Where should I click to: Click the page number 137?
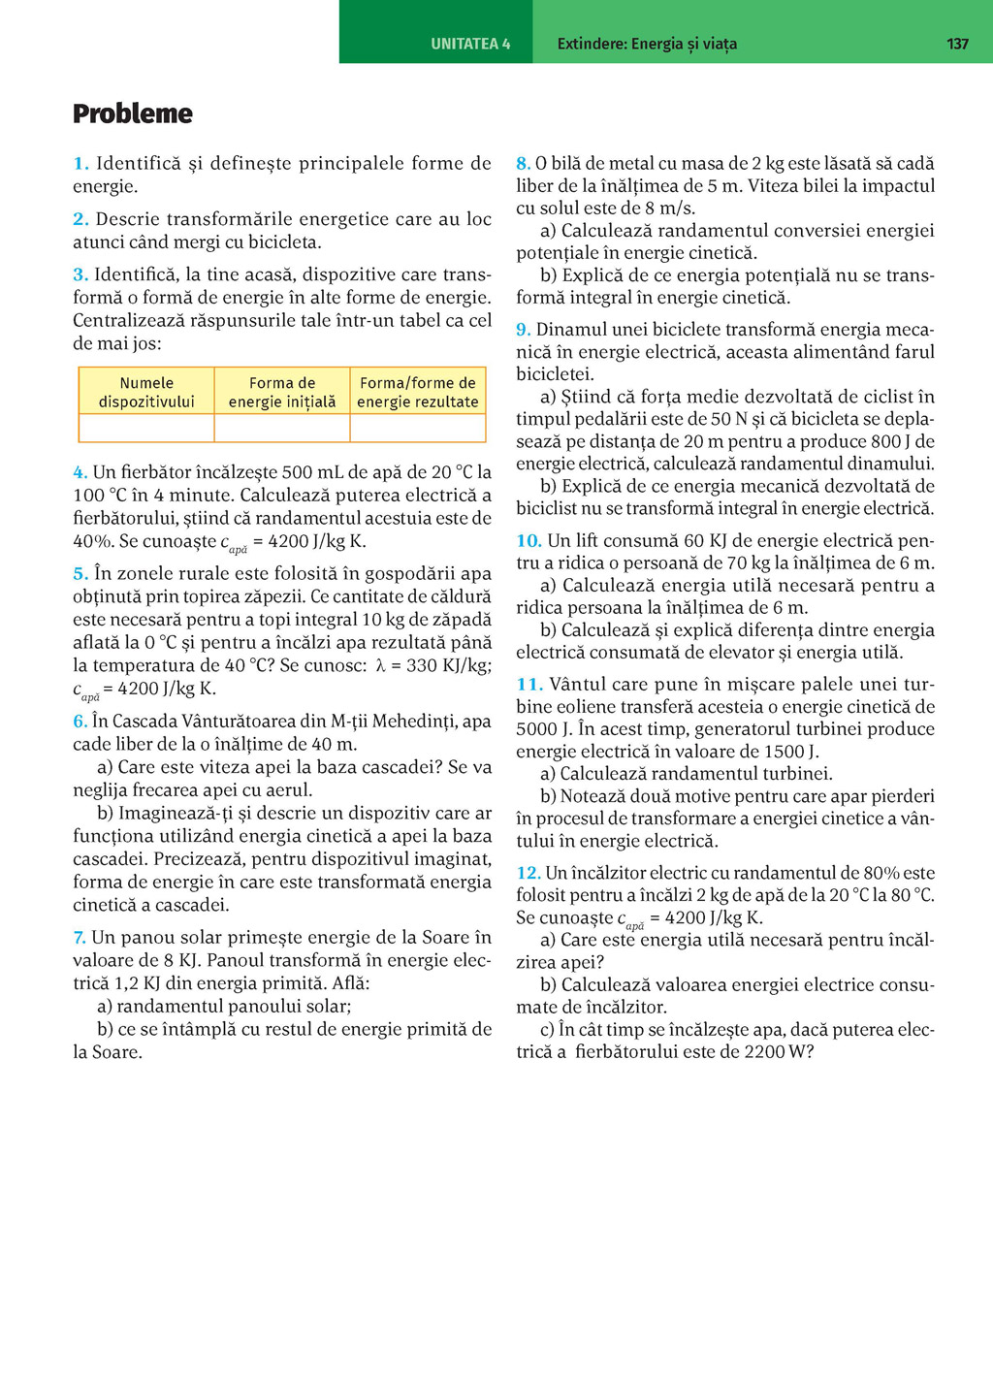(x=957, y=44)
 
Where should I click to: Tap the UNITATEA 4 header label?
(x=470, y=44)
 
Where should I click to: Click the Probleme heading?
(x=133, y=113)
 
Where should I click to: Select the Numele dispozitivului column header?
(x=146, y=392)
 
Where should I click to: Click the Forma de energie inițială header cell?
(x=282, y=392)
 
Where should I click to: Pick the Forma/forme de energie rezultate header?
(x=418, y=392)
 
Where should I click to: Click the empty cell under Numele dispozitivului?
(x=146, y=428)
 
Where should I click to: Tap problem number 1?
(x=80, y=164)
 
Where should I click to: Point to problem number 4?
(x=80, y=473)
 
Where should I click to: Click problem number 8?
(x=523, y=164)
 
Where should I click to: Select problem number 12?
(x=528, y=873)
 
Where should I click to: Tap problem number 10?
(x=529, y=541)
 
